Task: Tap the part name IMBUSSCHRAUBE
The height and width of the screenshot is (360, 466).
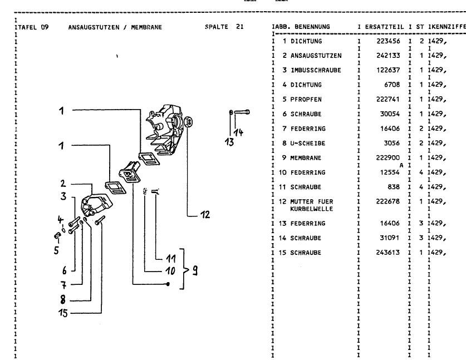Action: (x=312, y=70)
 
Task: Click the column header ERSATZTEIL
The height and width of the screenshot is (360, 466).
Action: (x=385, y=27)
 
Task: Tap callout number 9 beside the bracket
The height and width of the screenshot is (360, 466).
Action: (x=195, y=272)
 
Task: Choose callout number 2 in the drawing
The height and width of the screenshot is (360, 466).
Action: (x=64, y=183)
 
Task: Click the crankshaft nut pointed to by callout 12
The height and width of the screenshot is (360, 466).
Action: (x=189, y=122)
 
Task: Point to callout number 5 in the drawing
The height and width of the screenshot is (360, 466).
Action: (x=56, y=250)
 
